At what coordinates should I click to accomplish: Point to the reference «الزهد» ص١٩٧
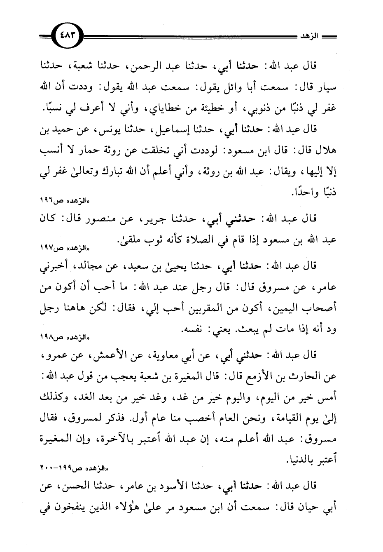(x=57, y=249)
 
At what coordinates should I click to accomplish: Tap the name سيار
(x=327, y=87)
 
